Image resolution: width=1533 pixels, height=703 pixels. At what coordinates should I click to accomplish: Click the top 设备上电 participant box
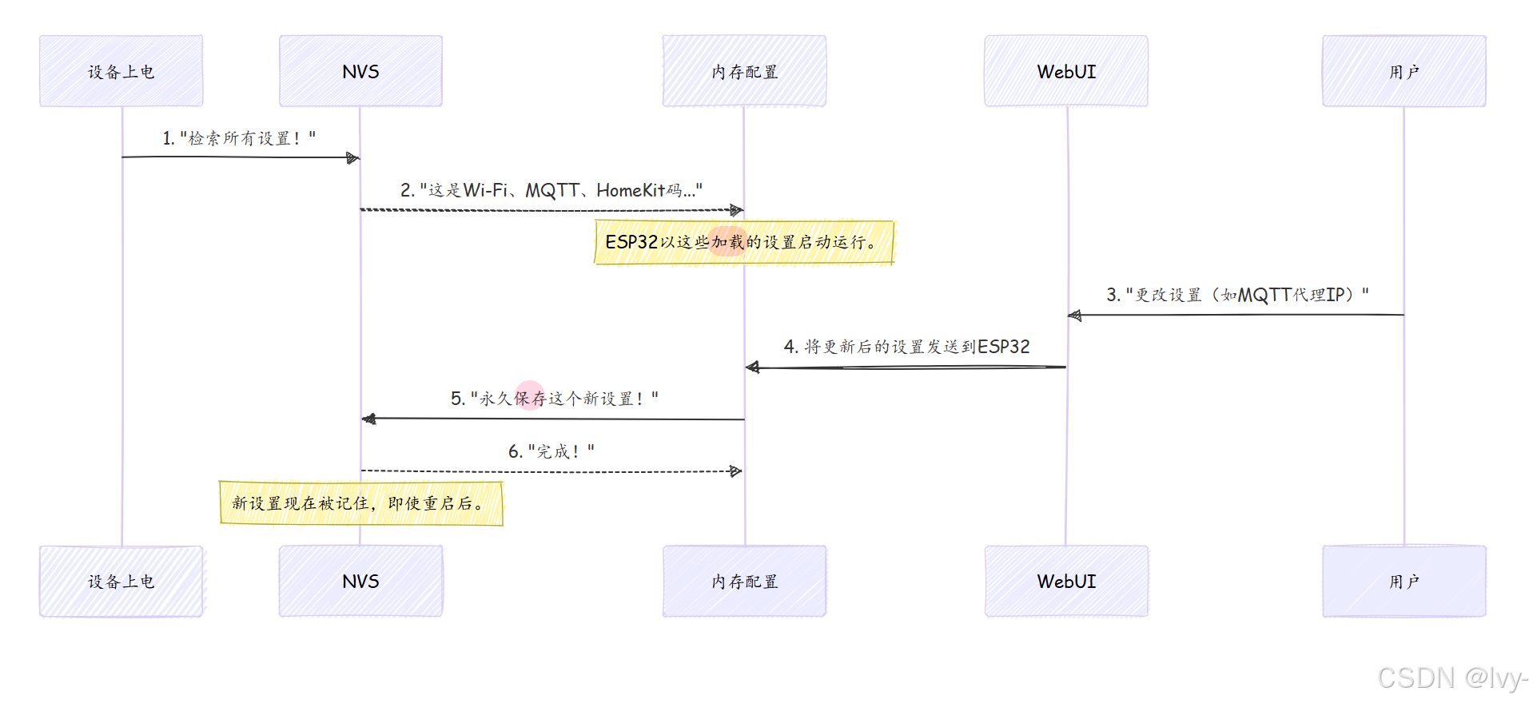click(121, 71)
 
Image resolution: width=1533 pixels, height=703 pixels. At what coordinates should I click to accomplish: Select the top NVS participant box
click(360, 71)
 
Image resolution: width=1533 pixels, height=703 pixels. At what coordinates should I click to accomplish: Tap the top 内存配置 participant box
click(744, 71)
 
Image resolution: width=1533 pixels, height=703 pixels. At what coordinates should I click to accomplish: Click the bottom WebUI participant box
click(1066, 582)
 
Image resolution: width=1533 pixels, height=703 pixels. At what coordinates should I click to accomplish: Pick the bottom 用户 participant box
click(1404, 582)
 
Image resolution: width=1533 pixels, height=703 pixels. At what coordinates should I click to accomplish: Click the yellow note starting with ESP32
click(743, 242)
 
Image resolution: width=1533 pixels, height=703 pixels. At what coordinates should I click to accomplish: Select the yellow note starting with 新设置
click(360, 503)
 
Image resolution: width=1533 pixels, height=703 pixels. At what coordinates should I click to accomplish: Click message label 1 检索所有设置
click(239, 138)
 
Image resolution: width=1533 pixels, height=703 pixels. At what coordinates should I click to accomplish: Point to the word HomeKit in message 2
click(631, 190)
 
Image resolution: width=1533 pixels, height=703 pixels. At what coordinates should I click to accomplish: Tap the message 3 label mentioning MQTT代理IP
click(1237, 295)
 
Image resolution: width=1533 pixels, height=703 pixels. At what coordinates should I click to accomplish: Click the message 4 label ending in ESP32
click(906, 347)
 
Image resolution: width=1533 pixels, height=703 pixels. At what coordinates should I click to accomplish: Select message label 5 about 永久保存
click(554, 398)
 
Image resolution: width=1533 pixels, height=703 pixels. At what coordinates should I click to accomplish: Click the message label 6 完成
click(551, 451)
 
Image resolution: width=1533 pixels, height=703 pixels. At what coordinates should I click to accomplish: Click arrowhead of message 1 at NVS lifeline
click(353, 158)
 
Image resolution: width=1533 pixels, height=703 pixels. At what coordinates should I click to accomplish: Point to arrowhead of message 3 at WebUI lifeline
click(1075, 316)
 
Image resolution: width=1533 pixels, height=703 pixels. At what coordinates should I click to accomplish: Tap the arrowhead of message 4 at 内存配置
click(752, 367)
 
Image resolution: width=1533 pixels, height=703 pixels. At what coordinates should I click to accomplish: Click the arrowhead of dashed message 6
click(736, 471)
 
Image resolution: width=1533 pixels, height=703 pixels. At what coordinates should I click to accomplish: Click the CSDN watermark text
click(1451, 677)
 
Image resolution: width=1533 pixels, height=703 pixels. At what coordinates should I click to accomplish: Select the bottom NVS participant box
click(360, 582)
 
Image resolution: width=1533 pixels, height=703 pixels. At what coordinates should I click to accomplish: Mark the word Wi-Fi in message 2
click(485, 190)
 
